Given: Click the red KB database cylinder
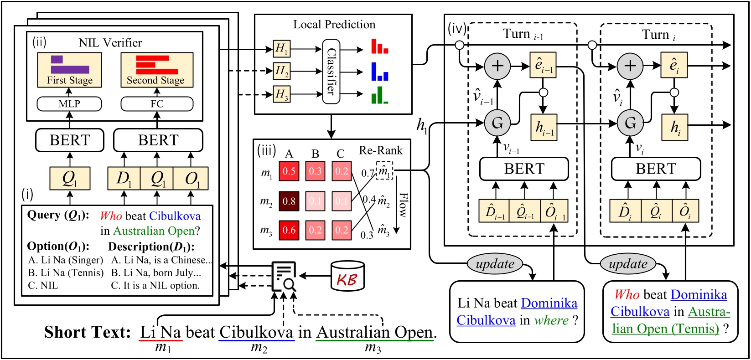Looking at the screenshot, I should (347, 277).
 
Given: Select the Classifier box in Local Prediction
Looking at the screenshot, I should (331, 71).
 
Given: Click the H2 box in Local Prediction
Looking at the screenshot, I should (281, 71).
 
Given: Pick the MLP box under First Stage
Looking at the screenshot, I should (69, 104).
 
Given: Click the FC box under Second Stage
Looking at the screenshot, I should (157, 104).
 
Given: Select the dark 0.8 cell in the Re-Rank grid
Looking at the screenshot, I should (289, 201).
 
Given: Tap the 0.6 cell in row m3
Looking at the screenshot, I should (289, 230).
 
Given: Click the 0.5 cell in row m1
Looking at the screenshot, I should (289, 171).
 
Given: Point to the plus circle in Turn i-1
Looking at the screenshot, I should (497, 66).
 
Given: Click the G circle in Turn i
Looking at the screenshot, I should (630, 123).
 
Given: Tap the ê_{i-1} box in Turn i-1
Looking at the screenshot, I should (543, 65).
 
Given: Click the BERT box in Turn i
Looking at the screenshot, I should (656, 169).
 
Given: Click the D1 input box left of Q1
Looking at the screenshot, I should (124, 178).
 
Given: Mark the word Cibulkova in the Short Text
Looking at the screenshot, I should (256, 332).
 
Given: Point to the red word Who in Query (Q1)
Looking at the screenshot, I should (111, 216).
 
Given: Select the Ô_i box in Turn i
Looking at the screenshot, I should (685, 211).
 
